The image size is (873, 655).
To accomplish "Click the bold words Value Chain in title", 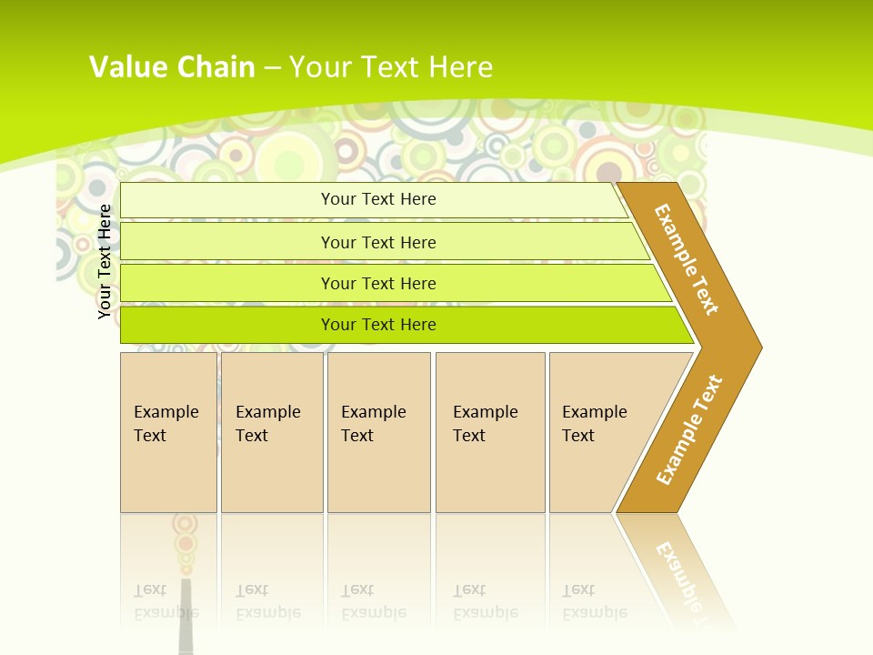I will click(172, 67).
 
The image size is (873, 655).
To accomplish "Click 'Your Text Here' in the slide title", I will click(391, 67).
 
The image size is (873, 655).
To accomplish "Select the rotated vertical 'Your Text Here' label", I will click(105, 262).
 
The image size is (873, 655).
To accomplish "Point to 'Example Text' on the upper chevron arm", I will click(687, 259).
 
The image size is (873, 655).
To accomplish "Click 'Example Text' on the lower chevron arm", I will click(689, 429).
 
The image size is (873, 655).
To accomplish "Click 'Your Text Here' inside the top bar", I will click(378, 199).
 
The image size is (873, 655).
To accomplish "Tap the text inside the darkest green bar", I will click(378, 325).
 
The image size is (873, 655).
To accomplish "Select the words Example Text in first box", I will click(166, 424).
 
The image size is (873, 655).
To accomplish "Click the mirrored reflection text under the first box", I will click(166, 601).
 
